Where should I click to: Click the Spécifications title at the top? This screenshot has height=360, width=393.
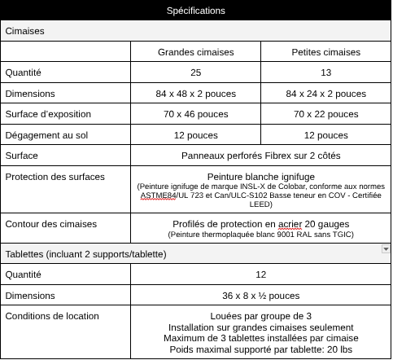tap(195, 11)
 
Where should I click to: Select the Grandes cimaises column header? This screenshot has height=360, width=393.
tap(195, 52)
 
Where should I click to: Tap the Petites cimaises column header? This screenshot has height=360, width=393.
tap(325, 52)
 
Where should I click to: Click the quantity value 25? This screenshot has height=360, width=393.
tap(195, 72)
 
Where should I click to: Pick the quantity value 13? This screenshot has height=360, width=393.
tap(325, 72)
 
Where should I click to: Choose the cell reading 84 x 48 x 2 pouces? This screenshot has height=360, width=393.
tap(195, 94)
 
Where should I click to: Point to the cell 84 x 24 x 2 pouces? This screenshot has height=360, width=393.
tap(325, 94)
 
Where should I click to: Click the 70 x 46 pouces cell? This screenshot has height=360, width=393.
tap(195, 114)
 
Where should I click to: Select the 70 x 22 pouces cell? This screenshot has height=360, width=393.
tap(325, 114)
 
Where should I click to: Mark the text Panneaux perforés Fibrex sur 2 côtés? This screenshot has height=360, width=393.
tap(260, 155)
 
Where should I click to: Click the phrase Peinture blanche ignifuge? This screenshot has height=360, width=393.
tap(260, 176)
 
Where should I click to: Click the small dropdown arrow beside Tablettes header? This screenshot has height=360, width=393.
tap(385, 248)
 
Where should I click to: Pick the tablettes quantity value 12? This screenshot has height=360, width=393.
tap(260, 275)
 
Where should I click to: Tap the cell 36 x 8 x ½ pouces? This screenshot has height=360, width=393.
tap(260, 296)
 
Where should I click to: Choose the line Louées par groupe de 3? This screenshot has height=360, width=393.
tap(260, 316)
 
